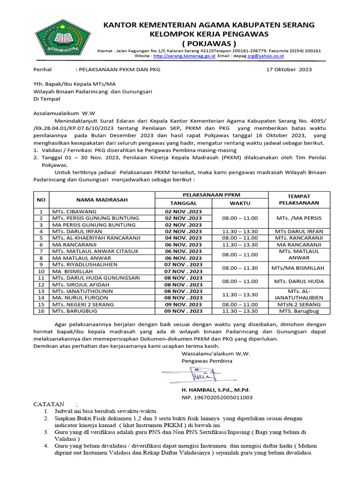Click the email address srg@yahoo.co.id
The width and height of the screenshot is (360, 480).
tap(265, 56)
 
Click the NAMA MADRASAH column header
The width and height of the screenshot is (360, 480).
tap(102, 199)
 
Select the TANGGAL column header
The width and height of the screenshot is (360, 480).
tap(183, 203)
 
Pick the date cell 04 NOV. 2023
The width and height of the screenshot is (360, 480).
tap(183, 238)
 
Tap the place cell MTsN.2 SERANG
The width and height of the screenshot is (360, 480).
tap(299, 304)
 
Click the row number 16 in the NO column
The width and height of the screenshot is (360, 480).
tap(41, 311)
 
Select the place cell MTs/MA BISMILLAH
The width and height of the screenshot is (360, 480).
tap(299, 268)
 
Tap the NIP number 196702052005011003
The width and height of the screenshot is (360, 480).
tap(217, 397)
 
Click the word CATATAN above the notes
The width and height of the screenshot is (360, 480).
tap(49, 404)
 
